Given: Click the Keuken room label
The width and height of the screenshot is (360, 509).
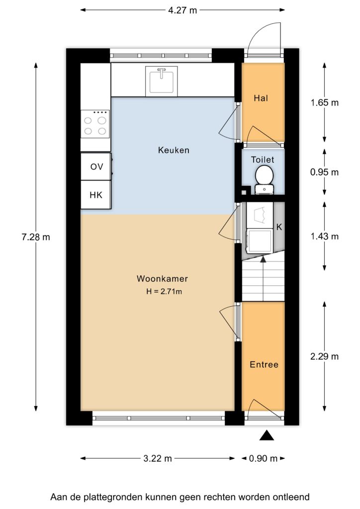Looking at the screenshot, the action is coord(174,150).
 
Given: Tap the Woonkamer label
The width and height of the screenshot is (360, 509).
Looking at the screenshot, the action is coord(162,278).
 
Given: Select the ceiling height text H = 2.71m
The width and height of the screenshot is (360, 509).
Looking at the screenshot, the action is coord(164,291).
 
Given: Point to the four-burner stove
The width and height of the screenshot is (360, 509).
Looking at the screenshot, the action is coord(95,124).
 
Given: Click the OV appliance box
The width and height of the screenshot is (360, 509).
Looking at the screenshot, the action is coord(96,167).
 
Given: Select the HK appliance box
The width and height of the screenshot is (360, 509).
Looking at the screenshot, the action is coord(96,195).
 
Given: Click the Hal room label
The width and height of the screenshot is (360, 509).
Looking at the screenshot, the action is coord(261,98).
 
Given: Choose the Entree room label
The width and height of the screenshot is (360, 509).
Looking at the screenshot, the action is coord(264,364).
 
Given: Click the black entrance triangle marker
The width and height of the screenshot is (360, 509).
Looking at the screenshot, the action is coord(267,435).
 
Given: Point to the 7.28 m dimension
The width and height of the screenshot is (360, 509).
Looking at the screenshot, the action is coord(36,237).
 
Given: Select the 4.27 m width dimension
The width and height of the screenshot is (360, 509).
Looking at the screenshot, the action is coord(182,10).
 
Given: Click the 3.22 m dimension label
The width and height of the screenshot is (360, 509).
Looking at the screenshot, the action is coord(158,458).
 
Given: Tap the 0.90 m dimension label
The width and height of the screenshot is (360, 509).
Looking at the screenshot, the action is coord(263,458).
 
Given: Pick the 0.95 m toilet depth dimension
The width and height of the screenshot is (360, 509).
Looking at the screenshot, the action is coord(324,172).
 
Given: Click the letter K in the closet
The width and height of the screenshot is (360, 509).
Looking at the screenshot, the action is coord(279,227).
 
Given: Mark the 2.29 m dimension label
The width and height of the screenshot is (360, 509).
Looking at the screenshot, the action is coord(324,356).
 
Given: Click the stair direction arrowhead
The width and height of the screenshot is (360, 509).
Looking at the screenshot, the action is coord(263,258).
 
